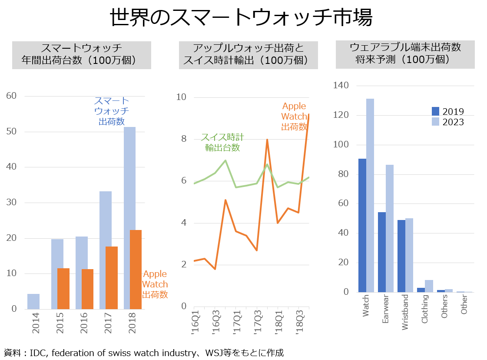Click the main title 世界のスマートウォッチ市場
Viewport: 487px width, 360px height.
coord(241,17)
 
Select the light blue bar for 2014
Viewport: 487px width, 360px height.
coord(33,301)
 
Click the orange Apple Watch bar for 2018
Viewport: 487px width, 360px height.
coord(136,270)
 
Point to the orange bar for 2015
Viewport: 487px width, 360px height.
coord(63,289)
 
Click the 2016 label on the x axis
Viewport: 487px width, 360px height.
coord(84,323)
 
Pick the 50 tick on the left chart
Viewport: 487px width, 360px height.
coord(11,131)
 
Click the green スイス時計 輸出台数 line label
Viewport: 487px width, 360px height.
coord(222,142)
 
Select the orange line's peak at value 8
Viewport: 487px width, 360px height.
coord(267,140)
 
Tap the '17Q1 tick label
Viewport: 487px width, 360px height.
coord(237,322)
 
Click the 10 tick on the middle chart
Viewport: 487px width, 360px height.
coord(181,97)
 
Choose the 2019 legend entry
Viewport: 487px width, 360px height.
coord(447,111)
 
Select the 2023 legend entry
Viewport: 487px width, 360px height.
coord(447,122)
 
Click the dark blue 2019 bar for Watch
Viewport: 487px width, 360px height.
coord(362,225)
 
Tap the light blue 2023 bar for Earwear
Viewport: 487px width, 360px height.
coord(390,229)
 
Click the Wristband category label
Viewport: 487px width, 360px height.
coord(405,312)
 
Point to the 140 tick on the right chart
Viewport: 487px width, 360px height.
coord(341,85)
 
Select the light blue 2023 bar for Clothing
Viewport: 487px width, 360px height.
coord(429,286)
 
